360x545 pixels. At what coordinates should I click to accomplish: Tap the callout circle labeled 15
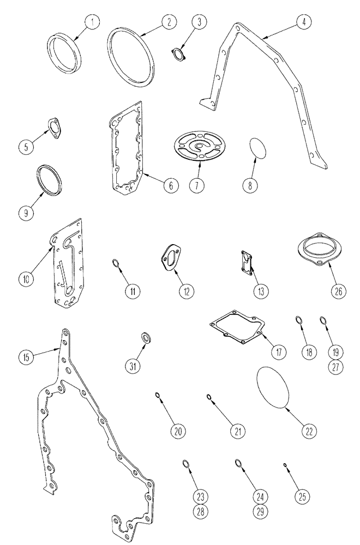pos(26,358)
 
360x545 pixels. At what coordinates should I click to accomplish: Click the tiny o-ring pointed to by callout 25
pos(285,465)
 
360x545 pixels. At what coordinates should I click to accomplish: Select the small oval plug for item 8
pos(257,148)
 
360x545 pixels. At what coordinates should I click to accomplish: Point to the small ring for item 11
pos(116,265)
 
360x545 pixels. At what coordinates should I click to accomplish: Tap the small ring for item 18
pos(299,320)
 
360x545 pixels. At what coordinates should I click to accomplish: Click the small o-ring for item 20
pos(158,396)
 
